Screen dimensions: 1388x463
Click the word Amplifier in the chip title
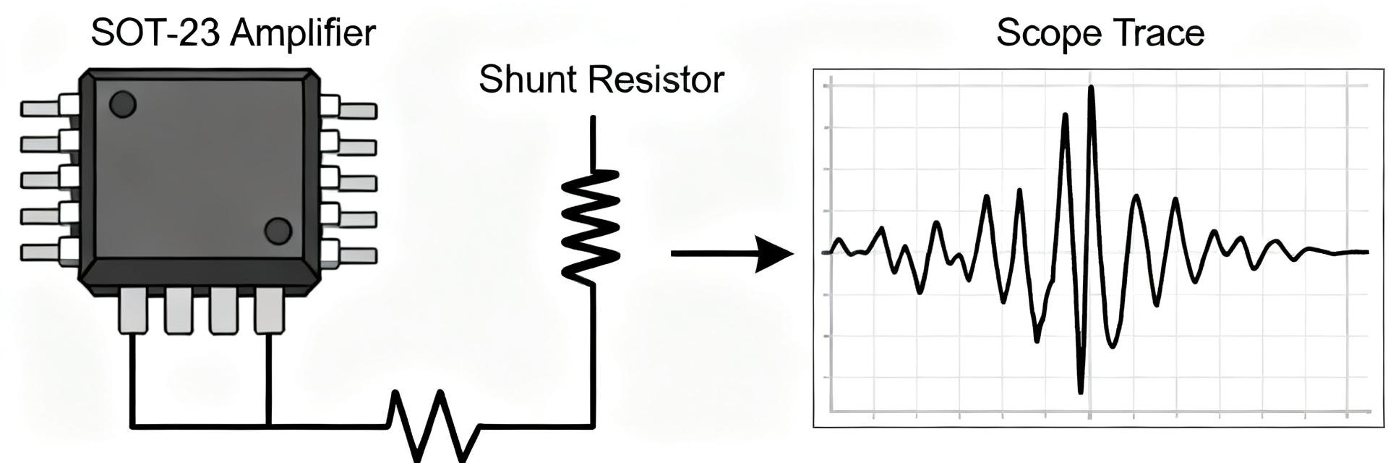click(303, 33)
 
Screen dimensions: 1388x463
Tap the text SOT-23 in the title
click(154, 33)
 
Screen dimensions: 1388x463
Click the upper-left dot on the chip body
click(123, 104)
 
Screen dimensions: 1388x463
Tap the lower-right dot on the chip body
click(278, 231)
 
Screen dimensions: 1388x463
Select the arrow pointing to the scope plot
click(732, 253)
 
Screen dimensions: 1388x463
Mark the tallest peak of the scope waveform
click(1091, 88)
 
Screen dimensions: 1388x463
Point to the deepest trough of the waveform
click(1081, 391)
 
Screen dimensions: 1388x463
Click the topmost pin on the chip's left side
click(49, 107)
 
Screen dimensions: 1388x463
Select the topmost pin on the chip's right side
click(348, 108)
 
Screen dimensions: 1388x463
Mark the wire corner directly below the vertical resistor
click(594, 426)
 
